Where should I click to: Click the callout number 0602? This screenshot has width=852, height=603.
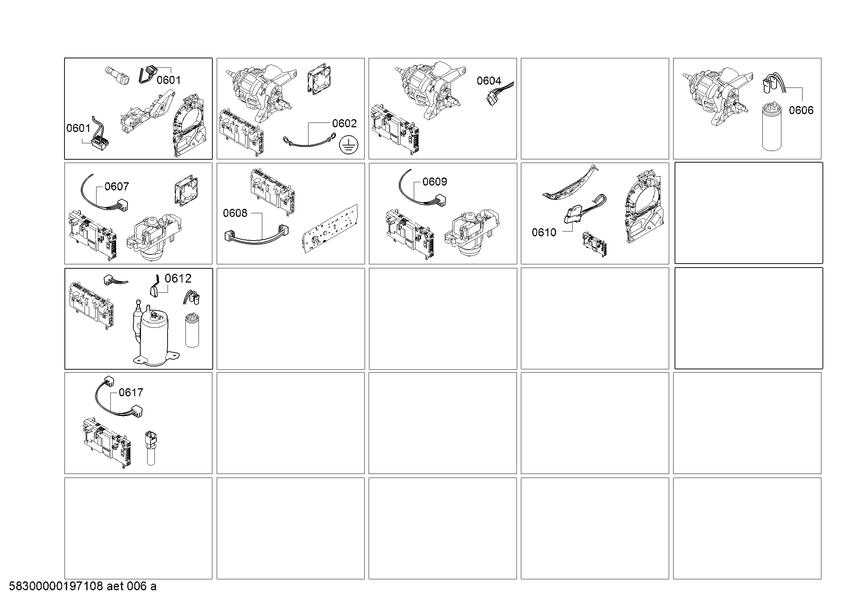(x=344, y=123)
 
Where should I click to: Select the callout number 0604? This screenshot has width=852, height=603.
(x=489, y=81)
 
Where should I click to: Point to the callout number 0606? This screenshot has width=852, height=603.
(x=801, y=110)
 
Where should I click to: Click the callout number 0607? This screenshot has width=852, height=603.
(x=117, y=186)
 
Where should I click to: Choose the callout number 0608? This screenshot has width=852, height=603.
(x=235, y=213)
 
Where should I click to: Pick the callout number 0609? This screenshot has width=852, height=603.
(x=435, y=182)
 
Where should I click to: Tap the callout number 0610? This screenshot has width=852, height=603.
(x=544, y=233)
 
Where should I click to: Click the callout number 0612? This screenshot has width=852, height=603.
(x=178, y=279)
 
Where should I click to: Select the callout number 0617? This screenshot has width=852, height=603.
(x=131, y=393)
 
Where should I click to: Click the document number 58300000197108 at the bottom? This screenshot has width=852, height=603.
(x=56, y=586)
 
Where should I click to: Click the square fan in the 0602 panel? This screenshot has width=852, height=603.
(x=319, y=80)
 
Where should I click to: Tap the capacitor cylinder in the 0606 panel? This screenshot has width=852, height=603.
(x=772, y=127)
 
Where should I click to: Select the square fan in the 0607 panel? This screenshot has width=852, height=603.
(x=186, y=191)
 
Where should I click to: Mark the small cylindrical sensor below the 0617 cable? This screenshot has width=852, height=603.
(x=151, y=448)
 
